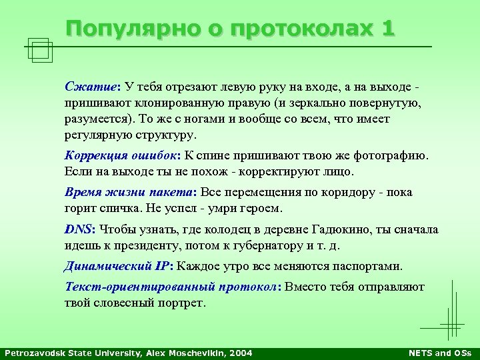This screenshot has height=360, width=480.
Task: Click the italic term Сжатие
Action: click(x=90, y=87)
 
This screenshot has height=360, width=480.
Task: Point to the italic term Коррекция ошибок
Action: click(x=121, y=156)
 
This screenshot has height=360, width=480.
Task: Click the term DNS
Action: click(x=79, y=229)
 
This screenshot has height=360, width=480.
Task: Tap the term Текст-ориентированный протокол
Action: click(x=171, y=287)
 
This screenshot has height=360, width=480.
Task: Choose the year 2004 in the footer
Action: click(x=241, y=353)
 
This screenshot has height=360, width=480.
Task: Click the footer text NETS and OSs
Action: click(x=439, y=353)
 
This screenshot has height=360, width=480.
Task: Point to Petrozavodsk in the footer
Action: click(x=33, y=353)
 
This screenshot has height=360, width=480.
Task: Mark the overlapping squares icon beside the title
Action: click(x=41, y=49)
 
